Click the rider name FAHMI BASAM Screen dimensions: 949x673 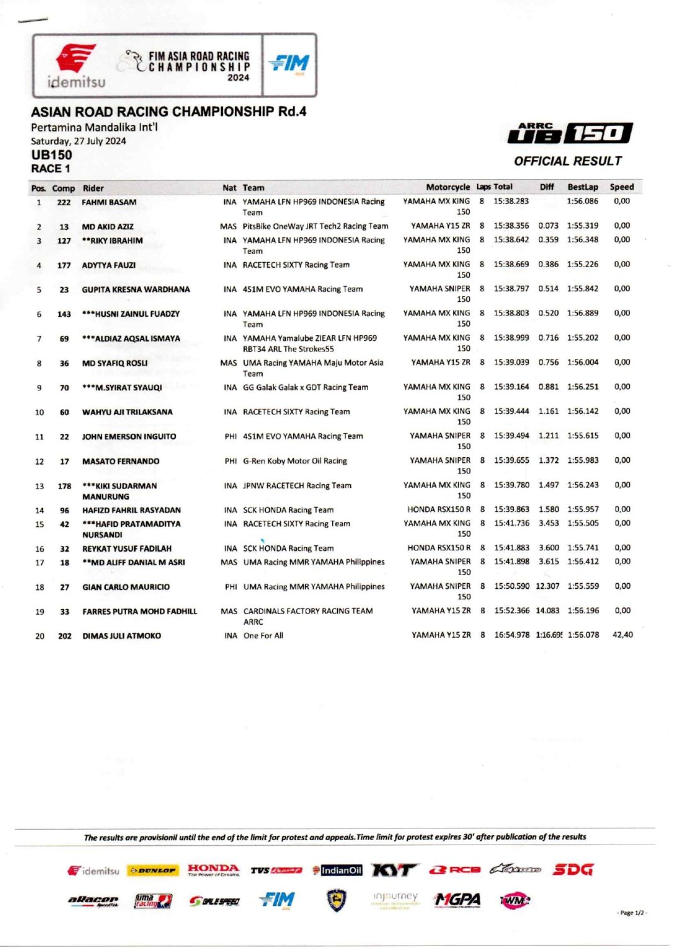coord(109,203)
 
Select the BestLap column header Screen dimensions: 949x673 coord(582,187)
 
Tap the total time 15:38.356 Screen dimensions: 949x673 coord(511,226)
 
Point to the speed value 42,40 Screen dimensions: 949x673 coord(622,635)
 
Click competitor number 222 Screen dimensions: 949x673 coord(64,203)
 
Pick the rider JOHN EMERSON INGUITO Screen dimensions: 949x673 coord(129,436)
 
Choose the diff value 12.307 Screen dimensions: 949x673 coord(547,586)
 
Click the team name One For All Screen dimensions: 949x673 coord(263,636)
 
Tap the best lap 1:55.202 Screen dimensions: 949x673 coord(582,338)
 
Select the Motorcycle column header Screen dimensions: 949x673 coord(447,187)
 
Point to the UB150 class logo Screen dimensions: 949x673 coord(570,132)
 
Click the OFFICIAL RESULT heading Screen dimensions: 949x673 coord(568,161)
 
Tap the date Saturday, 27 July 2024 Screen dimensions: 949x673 coord(78,141)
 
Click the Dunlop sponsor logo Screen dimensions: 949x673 coord(152,871)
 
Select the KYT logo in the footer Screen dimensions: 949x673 coord(394,870)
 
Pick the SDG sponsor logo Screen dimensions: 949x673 coord(573,870)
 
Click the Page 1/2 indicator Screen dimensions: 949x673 coord(631,912)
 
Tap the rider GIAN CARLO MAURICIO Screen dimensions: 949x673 coord(126,587)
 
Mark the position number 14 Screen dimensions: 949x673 coord(40,511)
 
